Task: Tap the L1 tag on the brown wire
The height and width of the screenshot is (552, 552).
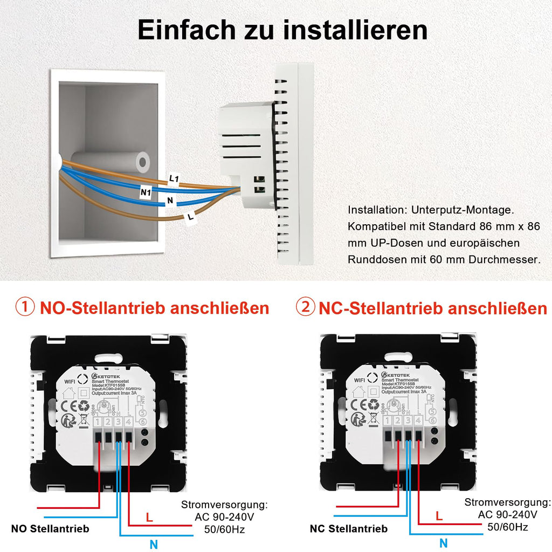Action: [x=174, y=178]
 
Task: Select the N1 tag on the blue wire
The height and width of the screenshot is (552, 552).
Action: [x=144, y=191]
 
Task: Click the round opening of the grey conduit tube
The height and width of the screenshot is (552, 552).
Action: [x=143, y=161]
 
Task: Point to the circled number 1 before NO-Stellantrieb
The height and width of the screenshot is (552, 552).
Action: [x=25, y=308]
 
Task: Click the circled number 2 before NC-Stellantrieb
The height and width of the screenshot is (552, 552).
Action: [x=306, y=308]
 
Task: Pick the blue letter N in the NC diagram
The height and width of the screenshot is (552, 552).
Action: [x=443, y=543]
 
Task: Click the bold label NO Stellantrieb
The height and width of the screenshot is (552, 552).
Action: [x=50, y=528]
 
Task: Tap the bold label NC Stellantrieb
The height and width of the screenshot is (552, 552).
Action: [x=348, y=529]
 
